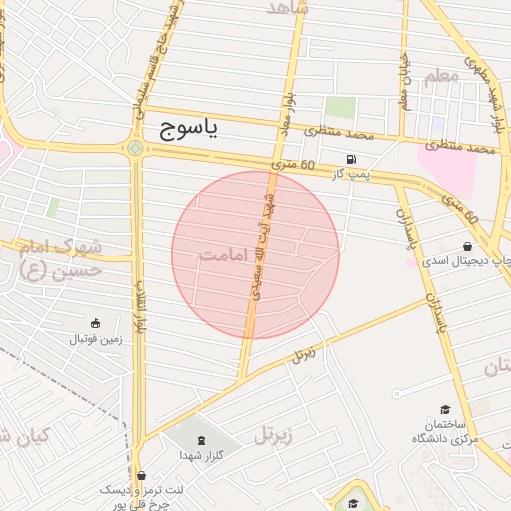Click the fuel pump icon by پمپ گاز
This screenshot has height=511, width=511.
point(350,160)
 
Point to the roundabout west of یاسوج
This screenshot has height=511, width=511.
point(135,149)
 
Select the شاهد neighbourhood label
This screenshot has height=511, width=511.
point(288,8)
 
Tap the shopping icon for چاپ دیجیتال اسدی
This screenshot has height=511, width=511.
point(468,246)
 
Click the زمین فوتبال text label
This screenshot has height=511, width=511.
point(95,339)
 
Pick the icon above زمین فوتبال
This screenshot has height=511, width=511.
point(95,322)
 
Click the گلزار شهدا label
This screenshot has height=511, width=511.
point(203,455)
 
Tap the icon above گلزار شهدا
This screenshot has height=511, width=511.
point(203,440)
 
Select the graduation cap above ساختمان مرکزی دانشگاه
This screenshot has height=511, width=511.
point(444,410)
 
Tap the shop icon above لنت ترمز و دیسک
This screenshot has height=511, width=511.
point(140,475)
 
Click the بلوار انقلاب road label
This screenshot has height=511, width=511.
point(141,310)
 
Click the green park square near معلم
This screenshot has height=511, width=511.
point(340,107)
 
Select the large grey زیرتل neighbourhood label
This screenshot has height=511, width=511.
point(278,433)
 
